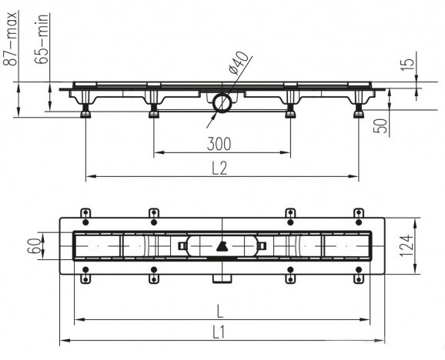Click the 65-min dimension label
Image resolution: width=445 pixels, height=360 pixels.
tap(42, 39)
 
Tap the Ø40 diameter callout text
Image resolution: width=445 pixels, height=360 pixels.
tap(239, 63)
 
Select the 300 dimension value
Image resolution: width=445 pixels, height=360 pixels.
tap(219, 144)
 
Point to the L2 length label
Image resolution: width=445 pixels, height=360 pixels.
tap(219, 168)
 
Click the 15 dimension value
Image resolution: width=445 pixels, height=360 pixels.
tap(408, 65)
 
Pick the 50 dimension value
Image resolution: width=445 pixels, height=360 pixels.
tap(380, 126)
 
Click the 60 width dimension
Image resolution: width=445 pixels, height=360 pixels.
tap(35, 245)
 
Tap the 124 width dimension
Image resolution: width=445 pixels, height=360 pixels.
tap(407, 245)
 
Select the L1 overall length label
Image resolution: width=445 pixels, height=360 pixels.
tap(219, 332)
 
